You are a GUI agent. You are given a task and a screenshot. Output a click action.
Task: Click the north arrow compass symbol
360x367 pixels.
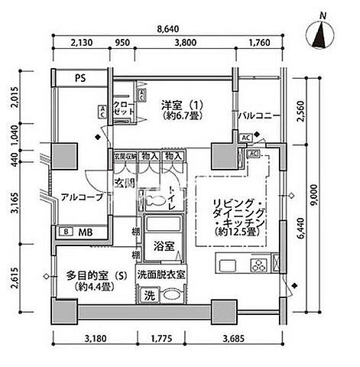[x=323, y=33]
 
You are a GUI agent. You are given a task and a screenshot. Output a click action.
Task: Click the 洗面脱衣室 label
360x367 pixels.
[x=162, y=274]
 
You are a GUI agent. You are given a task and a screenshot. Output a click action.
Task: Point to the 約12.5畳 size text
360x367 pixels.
[x=238, y=229]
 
